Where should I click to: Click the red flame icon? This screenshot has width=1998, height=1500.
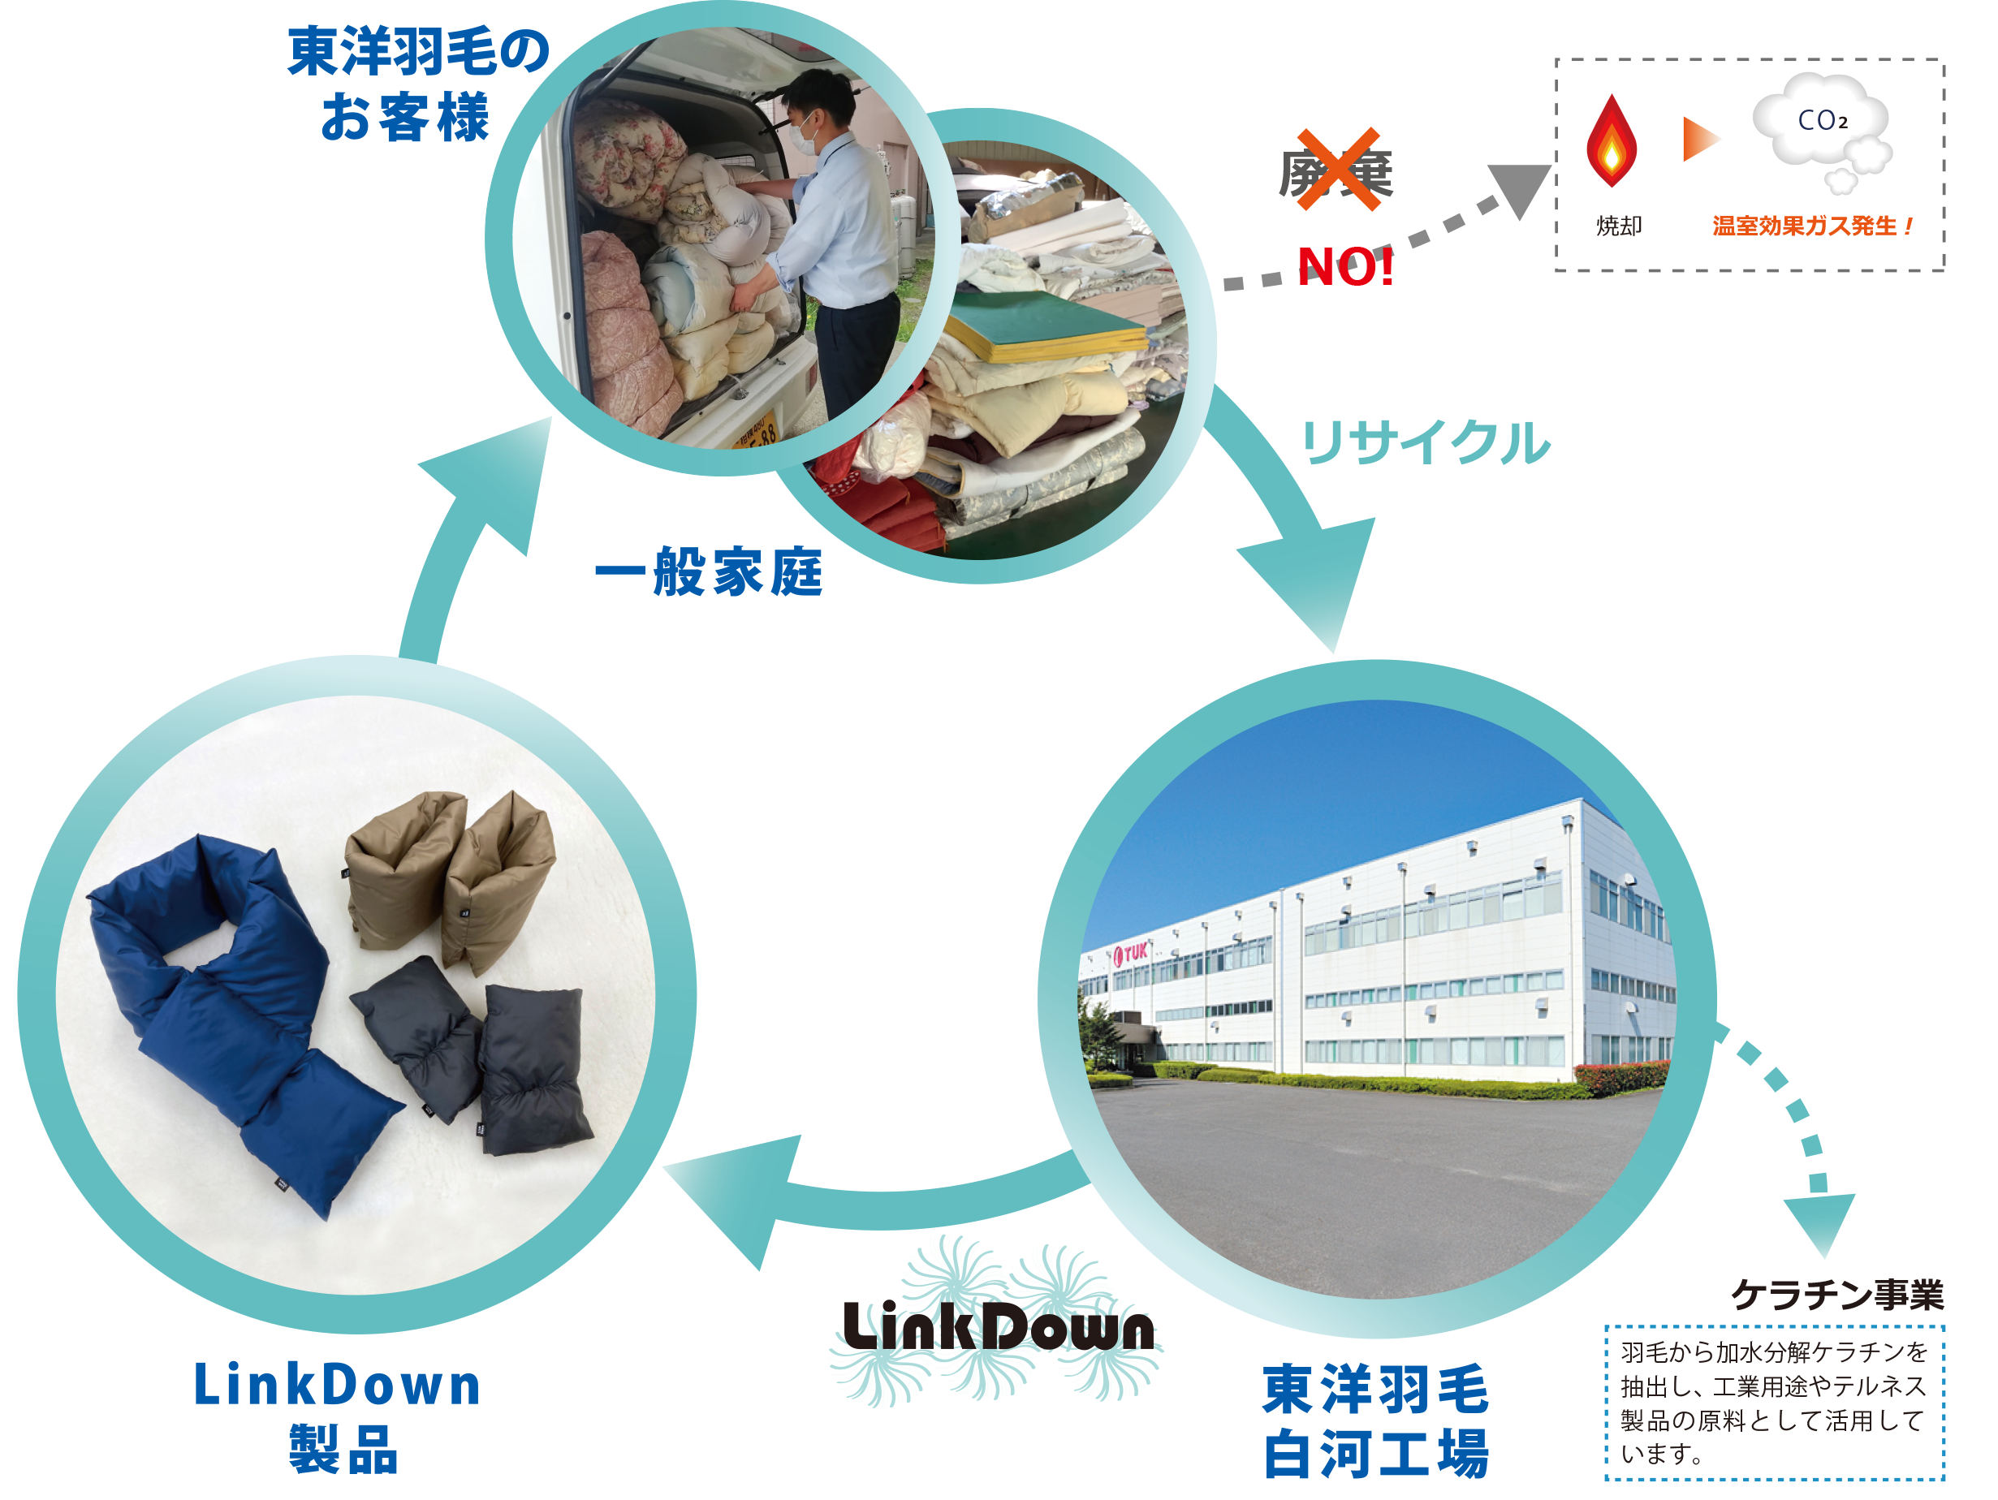[1611, 143]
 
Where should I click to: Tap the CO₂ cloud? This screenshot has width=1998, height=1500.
[1821, 127]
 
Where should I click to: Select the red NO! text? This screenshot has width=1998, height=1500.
[1345, 267]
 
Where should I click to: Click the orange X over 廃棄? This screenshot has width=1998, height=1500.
[1338, 170]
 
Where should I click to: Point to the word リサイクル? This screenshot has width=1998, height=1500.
[1425, 442]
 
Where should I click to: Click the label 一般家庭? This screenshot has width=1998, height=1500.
[709, 571]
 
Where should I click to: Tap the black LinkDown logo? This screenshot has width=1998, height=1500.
[997, 1326]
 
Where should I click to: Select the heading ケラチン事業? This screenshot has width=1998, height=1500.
[1836, 1295]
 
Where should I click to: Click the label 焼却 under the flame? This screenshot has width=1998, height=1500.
[1618, 226]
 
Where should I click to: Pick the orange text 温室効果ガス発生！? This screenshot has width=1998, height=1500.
[1812, 226]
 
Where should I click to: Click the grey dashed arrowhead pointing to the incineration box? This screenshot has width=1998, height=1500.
[1521, 187]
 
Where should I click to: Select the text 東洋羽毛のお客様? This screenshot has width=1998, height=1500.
[417, 83]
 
